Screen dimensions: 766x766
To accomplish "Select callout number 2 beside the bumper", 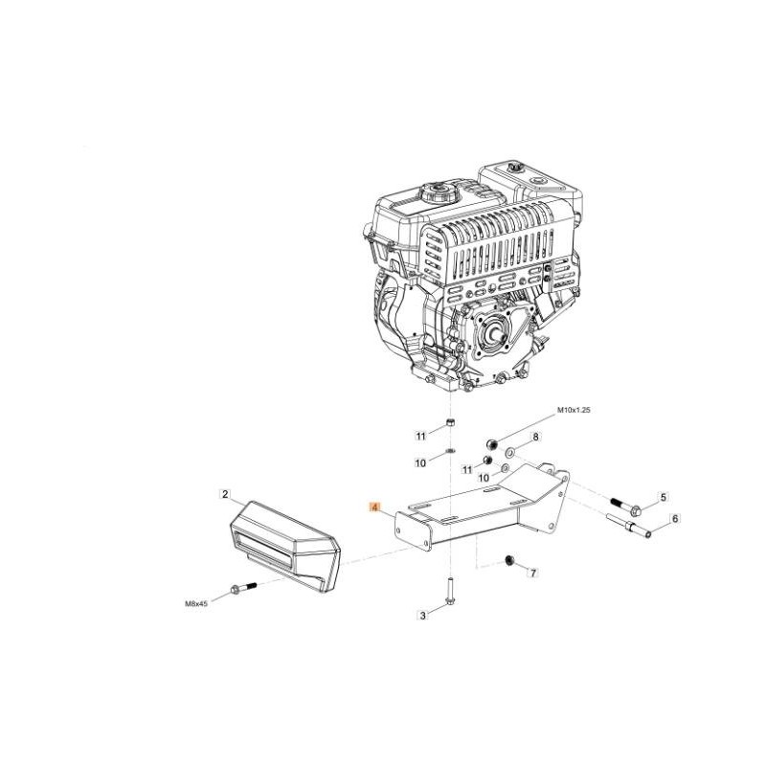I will [x=225, y=495].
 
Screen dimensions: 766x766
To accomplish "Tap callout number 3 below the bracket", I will [x=422, y=616].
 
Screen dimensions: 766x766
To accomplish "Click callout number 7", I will [x=533, y=574].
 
